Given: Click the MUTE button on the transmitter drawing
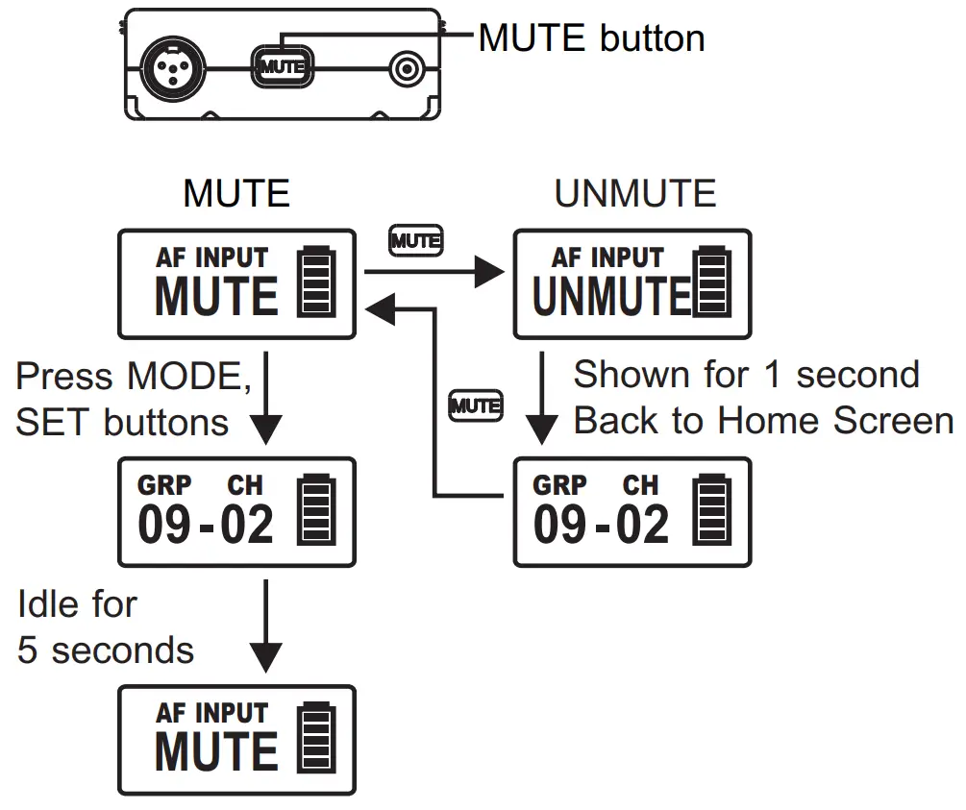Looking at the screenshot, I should point(283,67).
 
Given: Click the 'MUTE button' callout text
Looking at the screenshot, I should point(591,38).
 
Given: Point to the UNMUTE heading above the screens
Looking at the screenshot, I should point(635,194).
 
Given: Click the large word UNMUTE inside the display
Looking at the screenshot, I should point(611,297).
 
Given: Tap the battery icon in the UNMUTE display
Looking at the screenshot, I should point(712,282).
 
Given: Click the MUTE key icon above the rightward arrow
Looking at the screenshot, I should point(415,241).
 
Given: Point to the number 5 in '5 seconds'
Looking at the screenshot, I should point(28,650).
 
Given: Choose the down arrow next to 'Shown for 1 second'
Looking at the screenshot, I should point(545,398).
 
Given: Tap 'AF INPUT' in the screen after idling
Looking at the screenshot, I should point(211,713).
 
